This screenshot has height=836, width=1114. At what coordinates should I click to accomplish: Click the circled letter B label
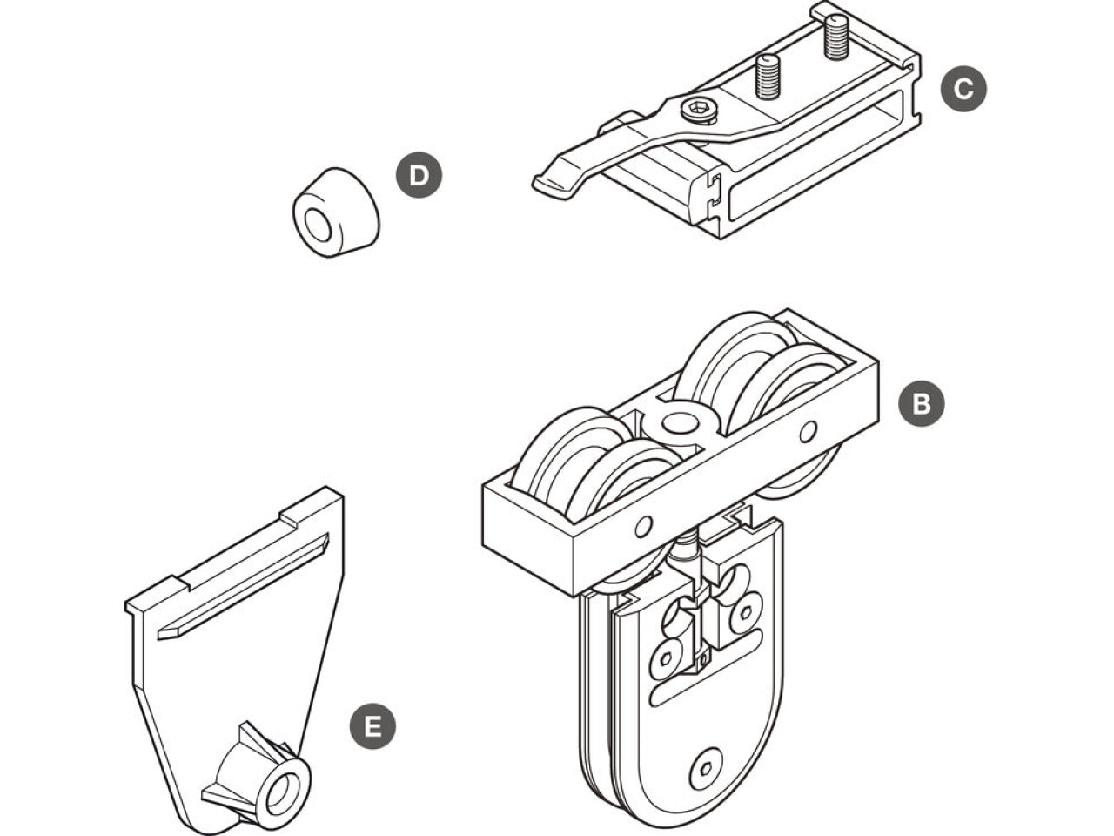click(921, 403)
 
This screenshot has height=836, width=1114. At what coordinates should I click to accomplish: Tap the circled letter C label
click(963, 88)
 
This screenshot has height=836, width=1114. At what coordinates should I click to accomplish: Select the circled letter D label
click(419, 175)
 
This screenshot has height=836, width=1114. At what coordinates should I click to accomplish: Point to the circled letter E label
click(372, 726)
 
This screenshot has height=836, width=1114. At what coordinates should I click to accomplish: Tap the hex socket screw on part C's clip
click(698, 110)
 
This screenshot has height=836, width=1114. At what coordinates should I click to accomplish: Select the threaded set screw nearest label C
click(835, 37)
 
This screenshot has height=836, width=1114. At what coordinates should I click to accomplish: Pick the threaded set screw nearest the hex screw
click(767, 77)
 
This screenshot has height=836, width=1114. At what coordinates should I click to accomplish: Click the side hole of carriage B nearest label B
click(809, 430)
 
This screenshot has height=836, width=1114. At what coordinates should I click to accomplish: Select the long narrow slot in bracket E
click(244, 584)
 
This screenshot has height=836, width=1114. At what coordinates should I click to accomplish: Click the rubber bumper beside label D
click(335, 212)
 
